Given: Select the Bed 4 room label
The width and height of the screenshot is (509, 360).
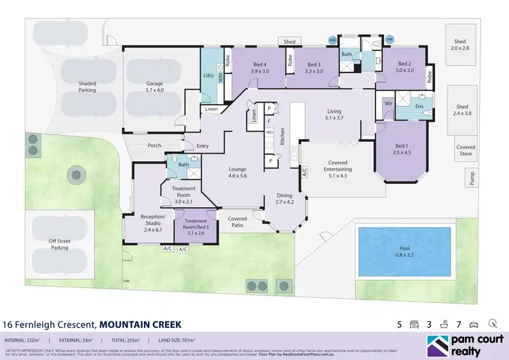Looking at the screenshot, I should [261, 67].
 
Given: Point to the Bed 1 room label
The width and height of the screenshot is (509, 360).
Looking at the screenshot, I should [402, 149].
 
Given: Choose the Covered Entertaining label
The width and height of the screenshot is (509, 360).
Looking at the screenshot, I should [337, 166].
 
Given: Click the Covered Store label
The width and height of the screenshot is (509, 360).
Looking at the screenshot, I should [466, 151].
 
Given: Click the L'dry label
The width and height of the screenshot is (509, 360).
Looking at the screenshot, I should [208, 76].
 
